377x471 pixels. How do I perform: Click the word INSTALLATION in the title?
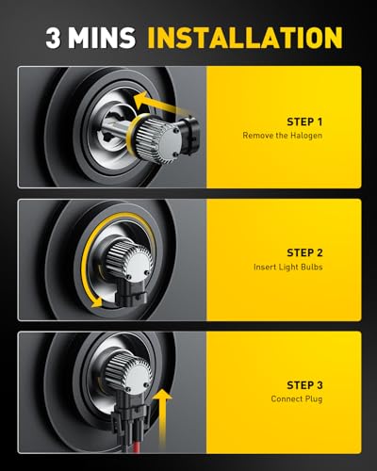tap(245, 38)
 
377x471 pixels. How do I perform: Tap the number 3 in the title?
tap(53, 38)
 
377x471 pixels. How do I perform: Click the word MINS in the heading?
tap(102, 38)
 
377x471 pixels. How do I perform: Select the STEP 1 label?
tap(304, 122)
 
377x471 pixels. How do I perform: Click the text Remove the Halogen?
tap(282, 136)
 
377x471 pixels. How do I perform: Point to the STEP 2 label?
tap(304, 252)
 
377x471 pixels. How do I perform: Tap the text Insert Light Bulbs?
tap(287, 267)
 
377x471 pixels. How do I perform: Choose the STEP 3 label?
tap(304, 385)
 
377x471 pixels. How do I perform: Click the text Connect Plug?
tap(297, 398)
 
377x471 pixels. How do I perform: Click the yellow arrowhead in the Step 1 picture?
tap(140, 99)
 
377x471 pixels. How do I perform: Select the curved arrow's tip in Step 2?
tap(98, 303)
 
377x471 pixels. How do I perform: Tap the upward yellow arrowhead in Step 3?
tap(162, 394)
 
